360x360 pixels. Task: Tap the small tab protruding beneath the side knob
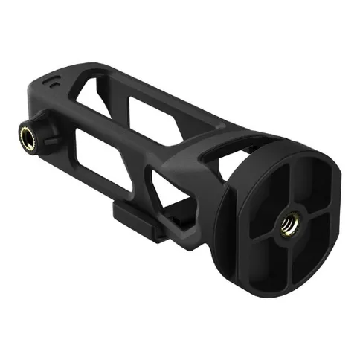pos(57,152)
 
